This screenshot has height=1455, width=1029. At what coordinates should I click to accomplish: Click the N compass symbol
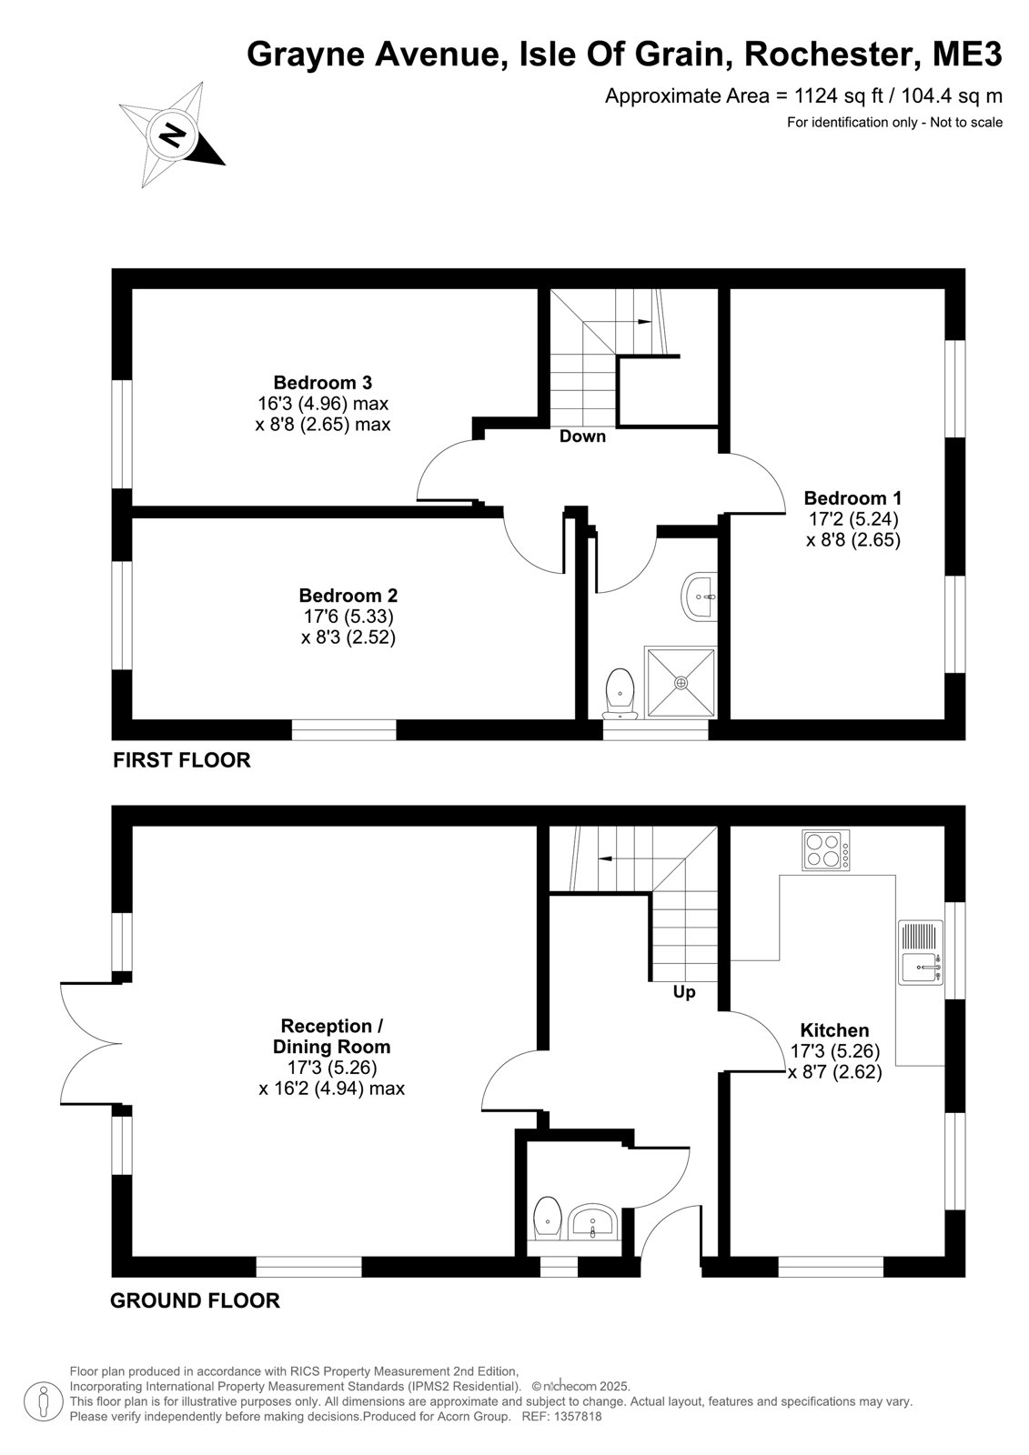(172, 135)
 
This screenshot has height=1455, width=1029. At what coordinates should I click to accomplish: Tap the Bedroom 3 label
(322, 382)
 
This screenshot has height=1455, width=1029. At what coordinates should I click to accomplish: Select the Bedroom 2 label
(348, 595)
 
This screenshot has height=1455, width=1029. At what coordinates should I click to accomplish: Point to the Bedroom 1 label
(852, 498)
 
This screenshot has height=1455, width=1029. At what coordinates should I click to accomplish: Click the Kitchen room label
(834, 1030)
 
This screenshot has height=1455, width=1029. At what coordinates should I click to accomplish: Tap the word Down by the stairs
(582, 436)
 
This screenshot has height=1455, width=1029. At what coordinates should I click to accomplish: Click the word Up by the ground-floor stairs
(684, 992)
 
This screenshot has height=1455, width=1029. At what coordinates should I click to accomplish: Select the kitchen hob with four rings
(825, 850)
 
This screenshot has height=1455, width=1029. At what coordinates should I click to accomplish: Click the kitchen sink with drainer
(921, 951)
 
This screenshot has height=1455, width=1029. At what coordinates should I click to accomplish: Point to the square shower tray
(681, 682)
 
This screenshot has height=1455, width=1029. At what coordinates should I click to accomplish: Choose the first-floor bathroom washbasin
(700, 596)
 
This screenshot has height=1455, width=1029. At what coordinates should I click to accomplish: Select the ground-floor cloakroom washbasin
(592, 1222)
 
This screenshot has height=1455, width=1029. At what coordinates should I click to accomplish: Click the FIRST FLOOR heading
(181, 760)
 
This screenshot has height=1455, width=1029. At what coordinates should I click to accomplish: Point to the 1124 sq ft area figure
(839, 96)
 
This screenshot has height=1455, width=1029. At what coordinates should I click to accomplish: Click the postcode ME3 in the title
(968, 54)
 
